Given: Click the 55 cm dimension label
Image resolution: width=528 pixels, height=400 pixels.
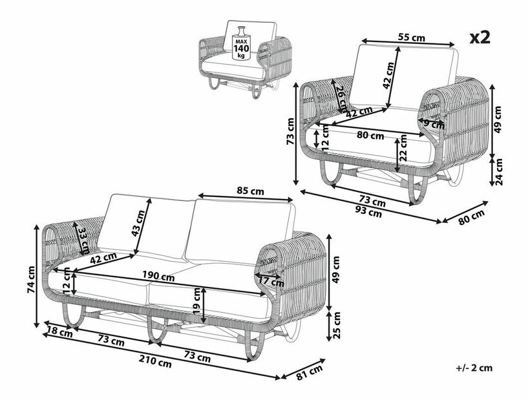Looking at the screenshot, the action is click(411, 37).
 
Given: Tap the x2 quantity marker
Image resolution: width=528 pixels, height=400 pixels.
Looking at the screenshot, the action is click(480, 37).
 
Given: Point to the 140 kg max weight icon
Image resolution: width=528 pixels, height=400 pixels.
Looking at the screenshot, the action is click(241, 44).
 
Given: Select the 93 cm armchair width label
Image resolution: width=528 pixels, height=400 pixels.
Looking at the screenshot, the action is click(369, 213).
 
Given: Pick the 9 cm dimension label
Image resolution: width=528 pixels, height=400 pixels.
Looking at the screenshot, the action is click(434, 124).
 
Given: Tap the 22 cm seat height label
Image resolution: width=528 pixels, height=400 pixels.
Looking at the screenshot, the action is click(403, 147).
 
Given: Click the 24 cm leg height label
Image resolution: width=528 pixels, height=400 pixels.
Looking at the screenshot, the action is click(498, 171).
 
